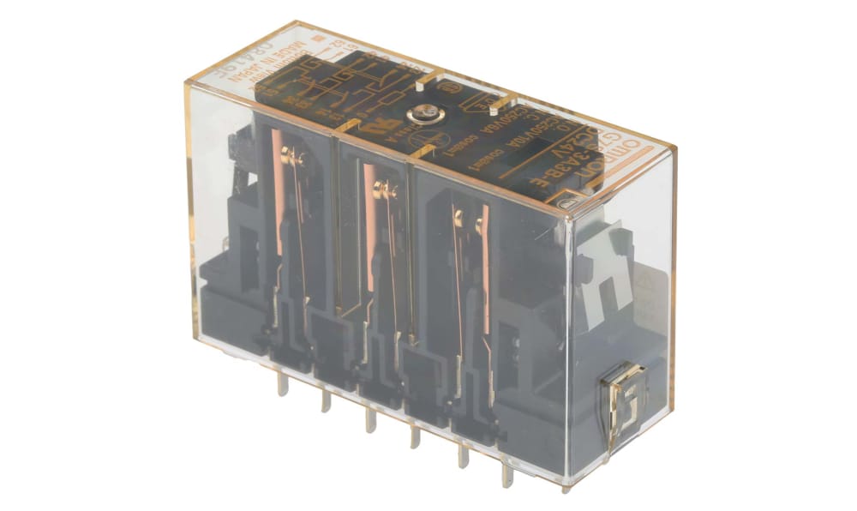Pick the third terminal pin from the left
369,418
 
